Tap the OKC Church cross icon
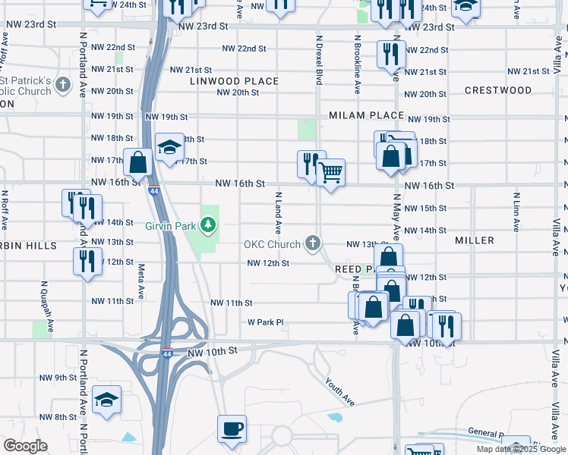311,243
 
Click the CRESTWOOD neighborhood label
498,90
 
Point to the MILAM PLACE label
366,115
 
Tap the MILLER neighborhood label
475,240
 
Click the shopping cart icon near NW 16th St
330,172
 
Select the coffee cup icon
232,428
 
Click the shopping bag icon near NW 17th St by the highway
138,162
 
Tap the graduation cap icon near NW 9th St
106,399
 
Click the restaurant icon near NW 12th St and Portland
87,261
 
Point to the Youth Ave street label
339,391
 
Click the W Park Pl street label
265,322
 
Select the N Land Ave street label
278,212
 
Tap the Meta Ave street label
141,280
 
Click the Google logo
25,446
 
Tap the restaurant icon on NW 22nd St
392,55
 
